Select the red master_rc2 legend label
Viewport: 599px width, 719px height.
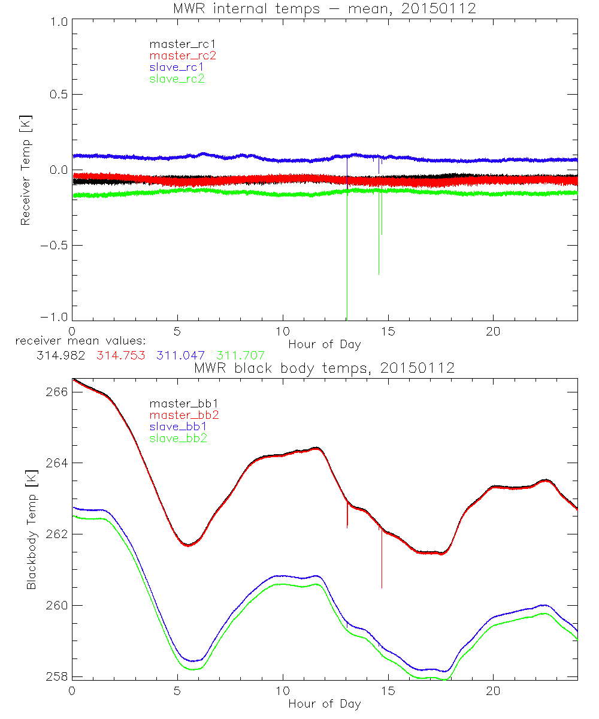click(x=182, y=55)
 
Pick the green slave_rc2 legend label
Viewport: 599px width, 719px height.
click(x=177, y=78)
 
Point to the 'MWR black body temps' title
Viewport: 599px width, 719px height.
click(x=324, y=367)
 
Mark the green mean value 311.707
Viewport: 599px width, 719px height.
click(x=240, y=356)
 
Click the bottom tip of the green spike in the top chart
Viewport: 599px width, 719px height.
click(x=379, y=274)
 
